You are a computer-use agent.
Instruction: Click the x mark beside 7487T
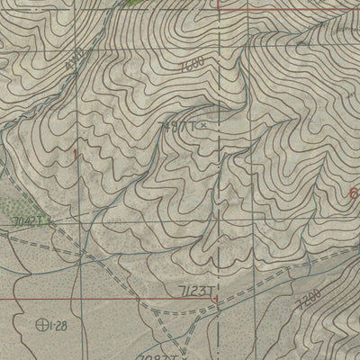pyautogui.click(x=202, y=125)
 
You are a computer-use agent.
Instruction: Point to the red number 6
pyautogui.click(x=354, y=193)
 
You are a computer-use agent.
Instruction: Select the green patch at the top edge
pyautogui.click(x=135, y=4)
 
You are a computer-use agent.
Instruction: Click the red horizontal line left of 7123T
pyautogui.click(x=90, y=298)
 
